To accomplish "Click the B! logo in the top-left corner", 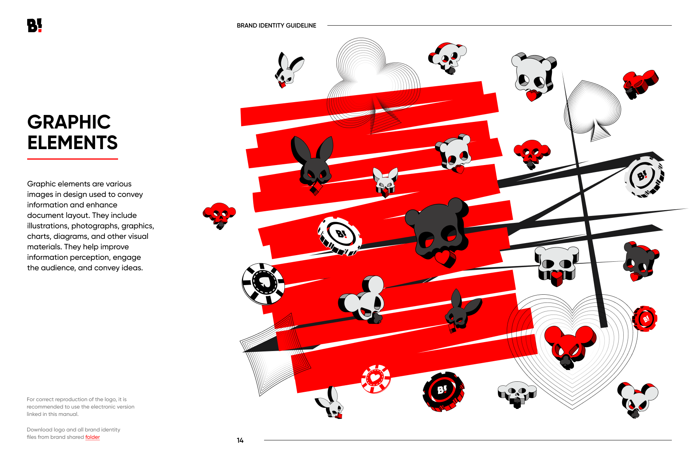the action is point(35,26).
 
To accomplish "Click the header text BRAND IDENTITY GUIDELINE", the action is point(276,26).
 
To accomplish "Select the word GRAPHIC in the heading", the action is point(69,122).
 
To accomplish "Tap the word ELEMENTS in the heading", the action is point(72,143).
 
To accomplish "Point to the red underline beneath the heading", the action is point(73,159).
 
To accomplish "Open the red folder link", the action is point(92,437).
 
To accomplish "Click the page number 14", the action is point(240,440).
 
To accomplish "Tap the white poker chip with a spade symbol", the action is point(263,284).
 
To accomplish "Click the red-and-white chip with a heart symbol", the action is point(376,379).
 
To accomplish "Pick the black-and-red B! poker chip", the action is point(443,391).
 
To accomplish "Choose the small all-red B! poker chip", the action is point(645,319).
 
